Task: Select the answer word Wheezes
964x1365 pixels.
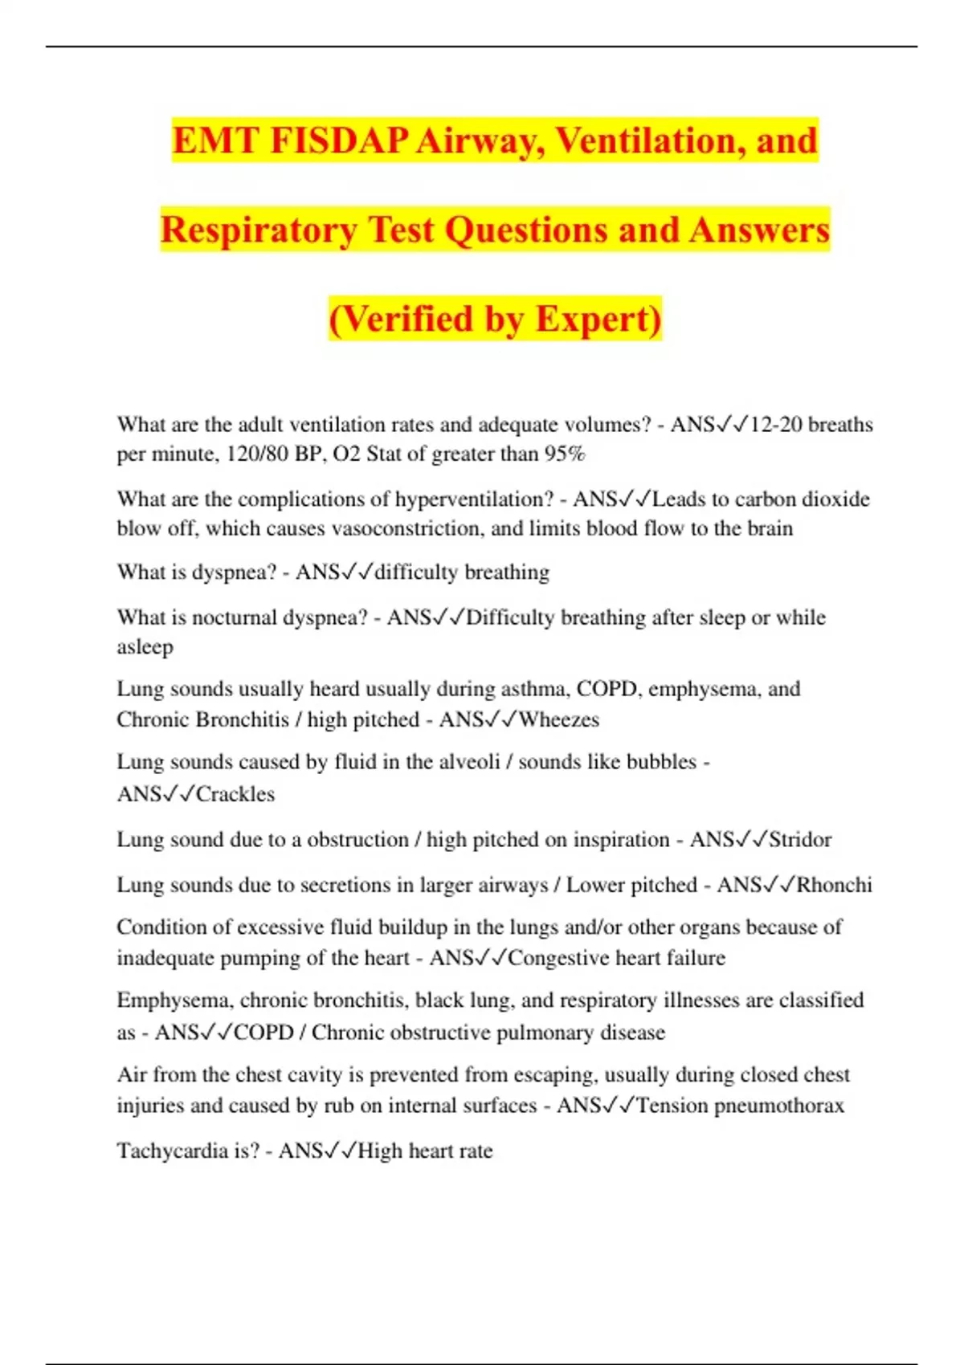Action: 558,719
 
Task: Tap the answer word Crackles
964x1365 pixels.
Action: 235,794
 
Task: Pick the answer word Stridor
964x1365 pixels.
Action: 800,840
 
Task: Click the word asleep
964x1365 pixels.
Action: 145,647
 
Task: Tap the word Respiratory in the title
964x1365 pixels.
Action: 258,230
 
